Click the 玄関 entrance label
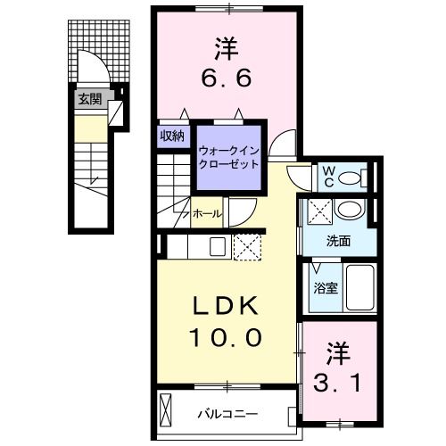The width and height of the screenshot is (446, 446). click(x=88, y=99)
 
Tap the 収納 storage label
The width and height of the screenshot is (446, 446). click(x=172, y=136)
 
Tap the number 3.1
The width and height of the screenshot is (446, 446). click(x=340, y=369)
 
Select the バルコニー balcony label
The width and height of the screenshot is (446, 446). click(x=228, y=414)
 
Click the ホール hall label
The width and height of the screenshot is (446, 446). click(x=207, y=213)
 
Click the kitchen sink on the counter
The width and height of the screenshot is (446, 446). click(x=217, y=245)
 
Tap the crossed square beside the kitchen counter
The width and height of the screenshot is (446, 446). click(x=245, y=245)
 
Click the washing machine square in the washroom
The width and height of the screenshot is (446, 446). click(x=319, y=212)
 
